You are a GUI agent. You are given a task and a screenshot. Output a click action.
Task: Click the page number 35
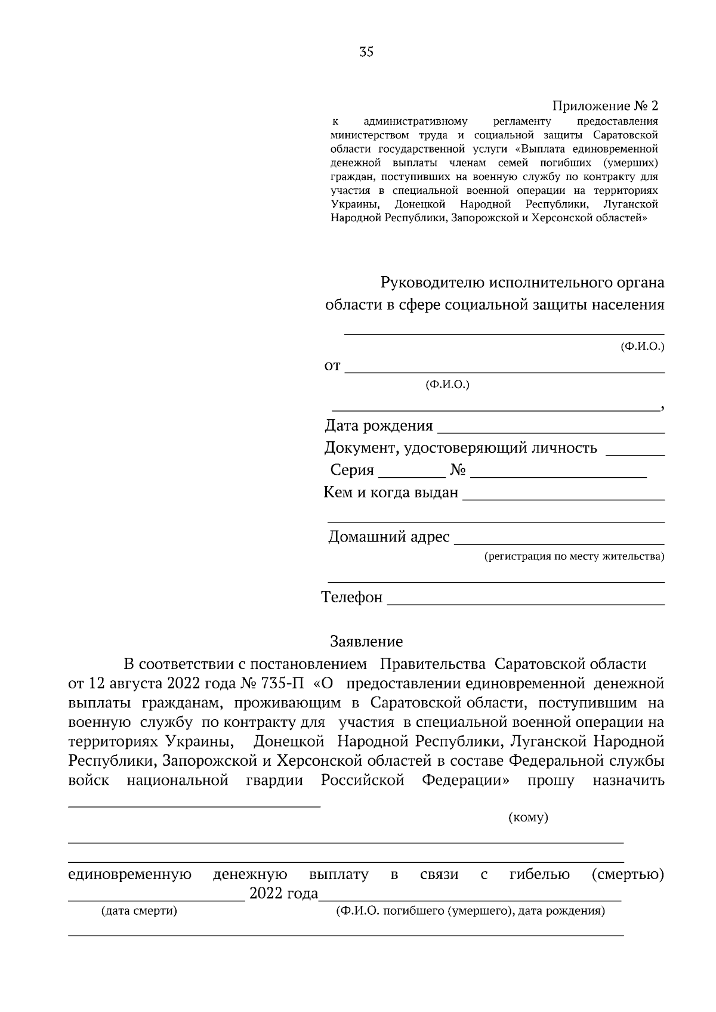click(x=366, y=52)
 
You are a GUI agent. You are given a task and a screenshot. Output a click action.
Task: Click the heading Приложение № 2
click(x=604, y=106)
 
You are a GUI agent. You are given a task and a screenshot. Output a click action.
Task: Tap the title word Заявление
click(x=366, y=642)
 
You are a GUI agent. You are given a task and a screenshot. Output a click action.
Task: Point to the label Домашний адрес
click(x=389, y=537)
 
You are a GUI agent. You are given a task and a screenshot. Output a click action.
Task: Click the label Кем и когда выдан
click(x=391, y=493)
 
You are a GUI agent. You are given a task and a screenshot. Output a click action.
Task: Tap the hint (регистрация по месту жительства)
click(x=573, y=556)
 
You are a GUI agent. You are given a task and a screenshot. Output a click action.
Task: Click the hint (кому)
click(x=528, y=818)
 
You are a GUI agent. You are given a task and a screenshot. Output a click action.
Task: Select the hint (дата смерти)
click(x=139, y=911)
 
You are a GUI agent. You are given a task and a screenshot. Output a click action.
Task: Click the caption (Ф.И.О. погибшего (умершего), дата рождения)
click(x=470, y=911)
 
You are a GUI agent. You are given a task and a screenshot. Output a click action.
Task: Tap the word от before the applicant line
click(x=332, y=366)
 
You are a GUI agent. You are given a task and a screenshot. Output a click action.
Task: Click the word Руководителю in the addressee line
click(x=433, y=281)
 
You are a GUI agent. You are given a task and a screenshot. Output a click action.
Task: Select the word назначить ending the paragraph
click(x=628, y=781)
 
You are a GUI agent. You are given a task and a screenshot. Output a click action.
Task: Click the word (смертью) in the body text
click(x=628, y=875)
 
